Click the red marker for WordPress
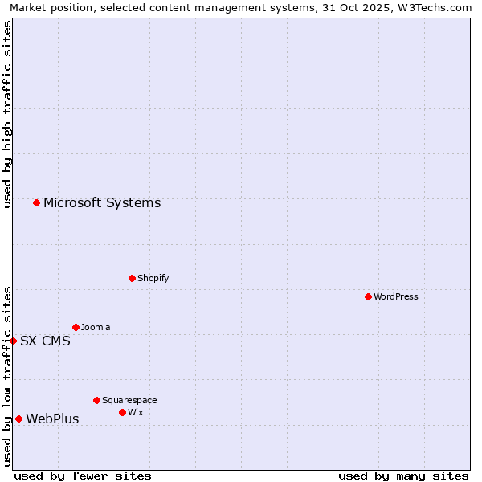(x=368, y=296)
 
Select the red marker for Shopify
(x=132, y=278)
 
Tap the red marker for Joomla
(x=76, y=327)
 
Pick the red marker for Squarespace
(x=96, y=400)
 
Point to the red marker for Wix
(x=122, y=412)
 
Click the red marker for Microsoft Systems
(x=36, y=202)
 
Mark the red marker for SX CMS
(x=13, y=341)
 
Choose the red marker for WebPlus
(x=18, y=419)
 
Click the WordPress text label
(x=396, y=296)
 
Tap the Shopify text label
(x=153, y=278)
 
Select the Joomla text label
(x=96, y=327)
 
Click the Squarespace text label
(x=129, y=400)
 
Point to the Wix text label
(x=135, y=412)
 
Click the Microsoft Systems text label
(x=102, y=202)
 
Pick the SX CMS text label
(x=45, y=341)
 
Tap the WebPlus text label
(x=52, y=419)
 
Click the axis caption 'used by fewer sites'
(x=83, y=476)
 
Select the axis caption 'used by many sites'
(x=403, y=476)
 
